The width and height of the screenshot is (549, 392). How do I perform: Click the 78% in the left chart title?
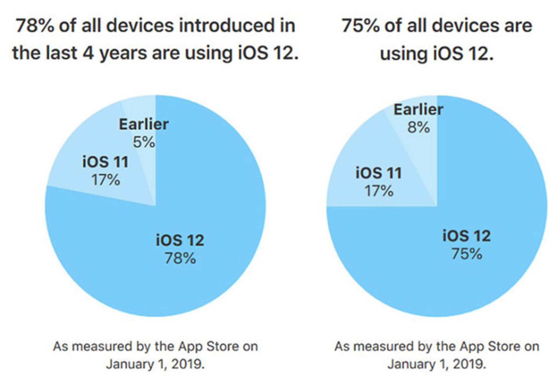(34, 26)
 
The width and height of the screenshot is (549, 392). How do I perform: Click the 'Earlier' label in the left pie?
(144, 124)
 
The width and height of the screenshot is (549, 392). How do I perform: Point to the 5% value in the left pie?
(144, 142)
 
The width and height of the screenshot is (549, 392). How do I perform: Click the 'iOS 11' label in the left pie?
(105, 162)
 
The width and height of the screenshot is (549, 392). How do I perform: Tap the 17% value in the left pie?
(105, 180)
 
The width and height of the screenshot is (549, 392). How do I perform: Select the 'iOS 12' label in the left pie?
(180, 240)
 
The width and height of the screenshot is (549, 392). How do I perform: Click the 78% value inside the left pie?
(180, 258)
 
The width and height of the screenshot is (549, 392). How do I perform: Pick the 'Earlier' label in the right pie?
(418, 110)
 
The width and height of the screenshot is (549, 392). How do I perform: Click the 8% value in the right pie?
(418, 128)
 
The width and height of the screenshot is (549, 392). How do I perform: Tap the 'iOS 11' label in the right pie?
(379, 173)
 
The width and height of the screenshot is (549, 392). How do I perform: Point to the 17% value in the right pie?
(379, 191)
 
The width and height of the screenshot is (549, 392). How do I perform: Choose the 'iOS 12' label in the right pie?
(467, 236)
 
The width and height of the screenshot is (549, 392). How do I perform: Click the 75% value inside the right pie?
(467, 254)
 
